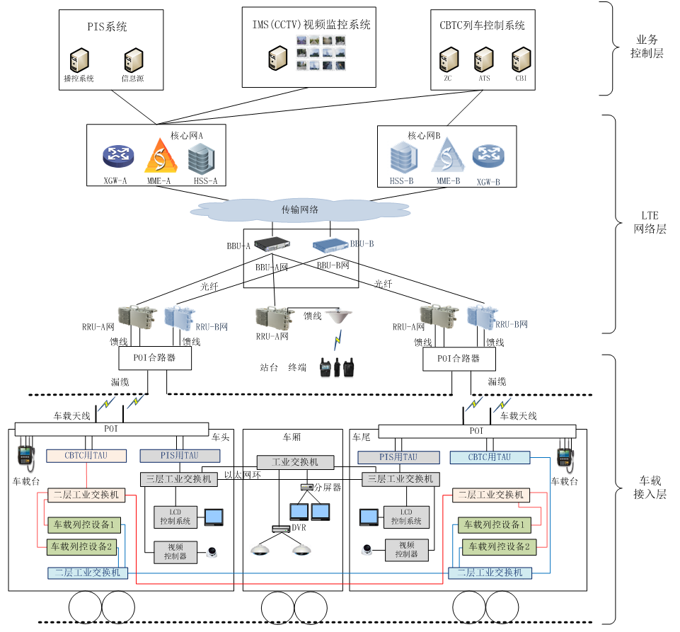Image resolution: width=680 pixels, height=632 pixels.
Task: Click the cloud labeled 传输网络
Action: click(x=300, y=210)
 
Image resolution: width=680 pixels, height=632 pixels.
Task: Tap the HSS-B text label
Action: click(x=401, y=182)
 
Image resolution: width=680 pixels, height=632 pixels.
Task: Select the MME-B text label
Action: click(x=446, y=182)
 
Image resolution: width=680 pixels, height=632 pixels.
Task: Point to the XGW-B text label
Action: click(x=488, y=182)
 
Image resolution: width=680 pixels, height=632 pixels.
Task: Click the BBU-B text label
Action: click(x=362, y=244)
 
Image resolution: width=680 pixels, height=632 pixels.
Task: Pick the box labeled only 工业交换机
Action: click(x=295, y=462)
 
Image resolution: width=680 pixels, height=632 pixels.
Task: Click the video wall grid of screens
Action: click(x=321, y=53)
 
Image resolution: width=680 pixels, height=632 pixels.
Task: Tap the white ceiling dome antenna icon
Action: click(x=338, y=315)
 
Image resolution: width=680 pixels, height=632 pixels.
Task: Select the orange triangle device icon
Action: click(x=161, y=156)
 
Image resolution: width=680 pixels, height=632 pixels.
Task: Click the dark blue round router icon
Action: click(x=118, y=156)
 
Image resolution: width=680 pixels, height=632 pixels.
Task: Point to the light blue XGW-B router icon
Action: click(x=488, y=156)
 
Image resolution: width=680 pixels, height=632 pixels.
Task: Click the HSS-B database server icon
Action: click(x=404, y=157)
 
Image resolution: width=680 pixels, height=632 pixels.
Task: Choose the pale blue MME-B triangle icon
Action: click(x=447, y=155)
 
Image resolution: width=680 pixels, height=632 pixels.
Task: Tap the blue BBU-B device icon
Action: click(x=330, y=245)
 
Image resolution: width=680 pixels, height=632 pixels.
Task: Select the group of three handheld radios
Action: click(x=337, y=367)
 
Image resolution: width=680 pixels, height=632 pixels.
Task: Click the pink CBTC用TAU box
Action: click(x=86, y=456)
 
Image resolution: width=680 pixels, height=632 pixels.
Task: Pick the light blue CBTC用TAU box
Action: click(x=490, y=457)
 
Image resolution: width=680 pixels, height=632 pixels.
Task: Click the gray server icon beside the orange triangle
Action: click(x=201, y=159)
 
